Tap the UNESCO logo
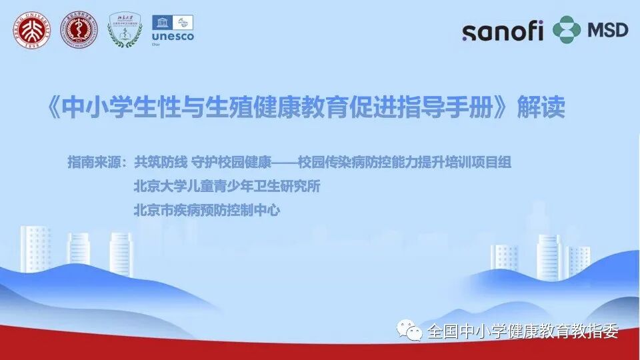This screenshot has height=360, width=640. tap(173, 29)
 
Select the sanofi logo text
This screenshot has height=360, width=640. tap(503, 31)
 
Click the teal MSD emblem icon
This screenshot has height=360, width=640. tap(567, 30)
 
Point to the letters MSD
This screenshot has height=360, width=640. tap(607, 30)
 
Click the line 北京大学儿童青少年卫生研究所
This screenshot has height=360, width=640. tap(227, 187)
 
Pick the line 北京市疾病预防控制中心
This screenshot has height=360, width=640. tap(207, 211)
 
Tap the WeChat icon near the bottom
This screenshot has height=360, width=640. tap(409, 330)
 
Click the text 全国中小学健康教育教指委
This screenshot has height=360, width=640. tap(523, 331)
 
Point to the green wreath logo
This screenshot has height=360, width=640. tap(125, 31)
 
